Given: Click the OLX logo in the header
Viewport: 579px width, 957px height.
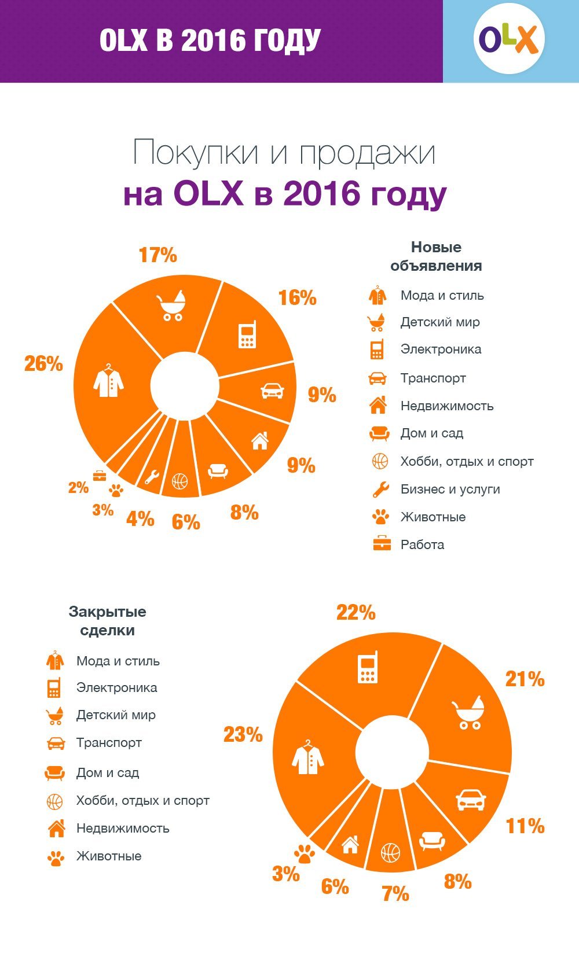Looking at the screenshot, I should pyautogui.click(x=509, y=40).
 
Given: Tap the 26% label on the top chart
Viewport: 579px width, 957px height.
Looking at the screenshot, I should pyautogui.click(x=43, y=364).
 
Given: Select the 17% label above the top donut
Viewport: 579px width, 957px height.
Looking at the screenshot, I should pyautogui.click(x=157, y=255).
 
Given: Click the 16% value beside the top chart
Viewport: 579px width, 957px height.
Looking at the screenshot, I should pyautogui.click(x=297, y=298).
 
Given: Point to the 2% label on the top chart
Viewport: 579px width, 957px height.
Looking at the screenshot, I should pyautogui.click(x=78, y=488).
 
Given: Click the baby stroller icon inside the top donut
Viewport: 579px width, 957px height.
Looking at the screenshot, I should pyautogui.click(x=171, y=305).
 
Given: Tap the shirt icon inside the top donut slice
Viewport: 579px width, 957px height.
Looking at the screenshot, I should pyautogui.click(x=108, y=381).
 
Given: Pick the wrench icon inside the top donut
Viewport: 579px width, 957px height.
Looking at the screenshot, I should pyautogui.click(x=152, y=476).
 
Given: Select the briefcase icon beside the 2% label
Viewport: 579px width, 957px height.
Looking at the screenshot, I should pyautogui.click(x=100, y=475).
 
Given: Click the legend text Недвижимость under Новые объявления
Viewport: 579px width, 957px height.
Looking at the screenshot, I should pyautogui.click(x=446, y=406).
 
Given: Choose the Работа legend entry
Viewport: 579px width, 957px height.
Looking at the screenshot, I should pyautogui.click(x=422, y=545).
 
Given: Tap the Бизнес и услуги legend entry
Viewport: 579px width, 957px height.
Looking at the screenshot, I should pyautogui.click(x=450, y=489).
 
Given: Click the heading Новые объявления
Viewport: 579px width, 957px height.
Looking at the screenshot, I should pyautogui.click(x=436, y=256).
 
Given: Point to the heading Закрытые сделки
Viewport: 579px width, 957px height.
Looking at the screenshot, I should pyautogui.click(x=108, y=621).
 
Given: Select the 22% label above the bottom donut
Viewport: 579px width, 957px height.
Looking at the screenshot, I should pyautogui.click(x=356, y=613).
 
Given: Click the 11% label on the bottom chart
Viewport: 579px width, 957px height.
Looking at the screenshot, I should pyautogui.click(x=525, y=826).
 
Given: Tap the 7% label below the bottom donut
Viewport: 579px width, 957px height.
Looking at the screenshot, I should pyautogui.click(x=395, y=894).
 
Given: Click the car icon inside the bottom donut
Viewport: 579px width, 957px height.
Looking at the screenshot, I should pyautogui.click(x=470, y=800).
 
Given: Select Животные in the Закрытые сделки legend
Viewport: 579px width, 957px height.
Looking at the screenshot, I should pyautogui.click(x=109, y=856).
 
